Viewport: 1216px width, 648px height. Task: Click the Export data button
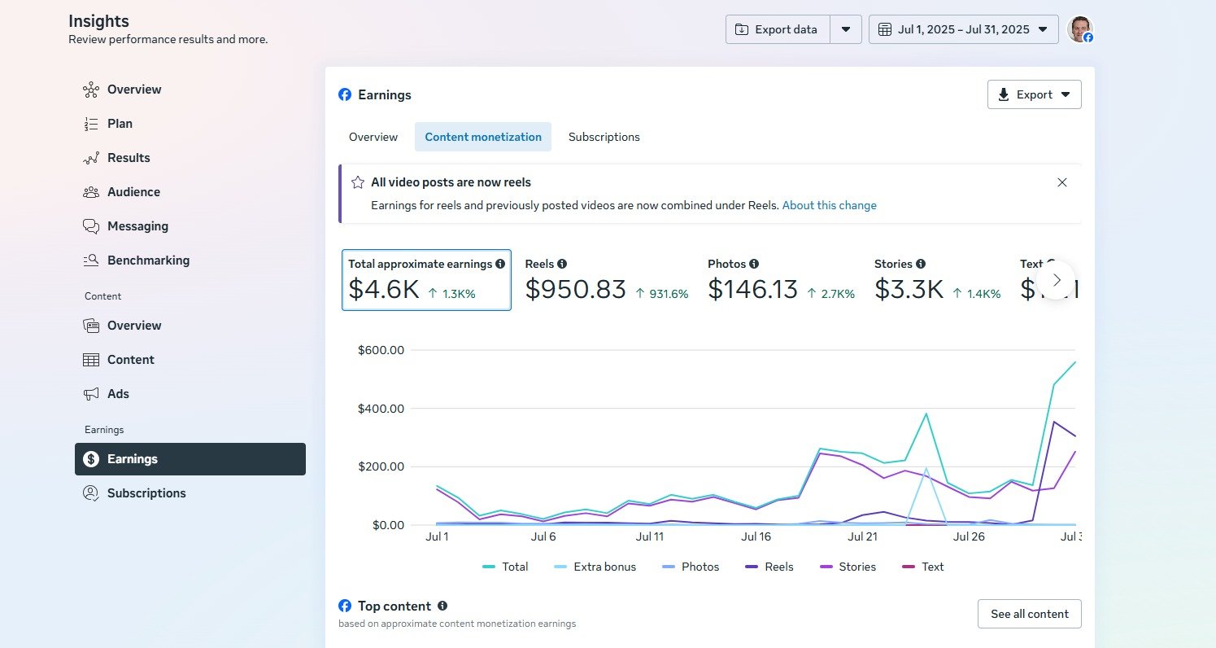(x=778, y=29)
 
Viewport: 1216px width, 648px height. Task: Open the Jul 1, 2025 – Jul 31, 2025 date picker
(x=964, y=29)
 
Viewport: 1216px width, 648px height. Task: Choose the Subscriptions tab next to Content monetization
(x=604, y=137)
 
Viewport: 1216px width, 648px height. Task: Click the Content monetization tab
(x=483, y=137)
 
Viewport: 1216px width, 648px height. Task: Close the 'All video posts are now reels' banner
(x=1061, y=182)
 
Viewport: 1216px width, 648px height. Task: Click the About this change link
(x=829, y=205)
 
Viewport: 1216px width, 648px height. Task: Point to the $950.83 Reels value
(x=575, y=289)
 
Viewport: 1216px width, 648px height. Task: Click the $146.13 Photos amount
(x=753, y=289)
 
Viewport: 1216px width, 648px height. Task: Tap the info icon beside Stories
(x=921, y=264)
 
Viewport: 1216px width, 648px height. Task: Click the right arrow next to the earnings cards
(x=1057, y=280)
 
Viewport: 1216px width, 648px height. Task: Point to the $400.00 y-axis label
(x=381, y=409)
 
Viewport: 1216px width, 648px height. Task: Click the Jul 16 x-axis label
(x=756, y=536)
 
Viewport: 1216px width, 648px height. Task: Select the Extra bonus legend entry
(x=595, y=567)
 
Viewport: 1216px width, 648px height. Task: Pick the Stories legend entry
(x=848, y=567)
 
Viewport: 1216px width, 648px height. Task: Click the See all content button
(x=1029, y=614)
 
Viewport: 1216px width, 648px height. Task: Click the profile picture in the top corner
(x=1079, y=29)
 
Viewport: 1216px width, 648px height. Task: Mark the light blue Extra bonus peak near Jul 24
(x=926, y=468)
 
